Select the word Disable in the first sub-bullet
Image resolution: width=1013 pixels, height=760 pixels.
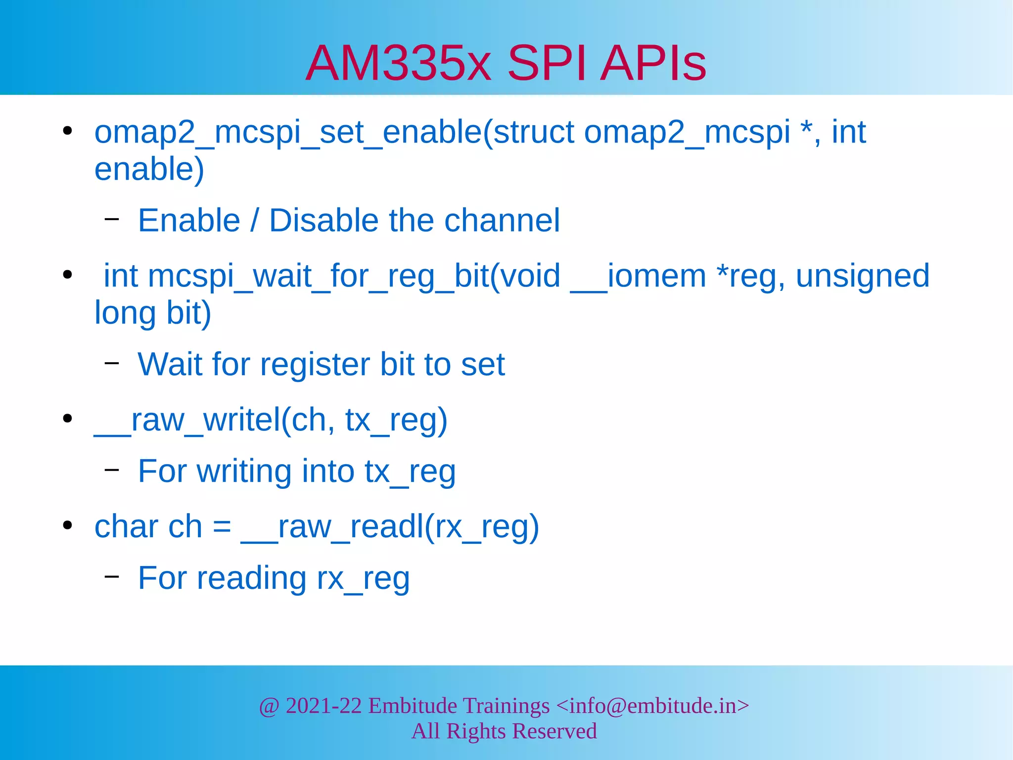point(323,221)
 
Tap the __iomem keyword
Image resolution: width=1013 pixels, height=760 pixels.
point(638,276)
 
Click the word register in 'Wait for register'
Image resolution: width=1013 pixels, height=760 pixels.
point(315,365)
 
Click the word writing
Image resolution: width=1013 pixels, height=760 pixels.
point(244,472)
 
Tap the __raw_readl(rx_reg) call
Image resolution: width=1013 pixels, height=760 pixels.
point(390,527)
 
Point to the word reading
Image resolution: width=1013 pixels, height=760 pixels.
point(251,578)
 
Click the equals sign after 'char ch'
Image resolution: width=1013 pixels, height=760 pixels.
point(222,527)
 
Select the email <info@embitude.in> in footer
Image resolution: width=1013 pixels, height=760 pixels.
point(652,706)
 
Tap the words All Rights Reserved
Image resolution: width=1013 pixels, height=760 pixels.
point(504,731)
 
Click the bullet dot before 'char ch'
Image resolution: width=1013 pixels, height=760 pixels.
point(68,525)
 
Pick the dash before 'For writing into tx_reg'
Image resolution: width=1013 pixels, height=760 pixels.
point(112,469)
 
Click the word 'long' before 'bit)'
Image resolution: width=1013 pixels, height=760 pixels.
point(125,313)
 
